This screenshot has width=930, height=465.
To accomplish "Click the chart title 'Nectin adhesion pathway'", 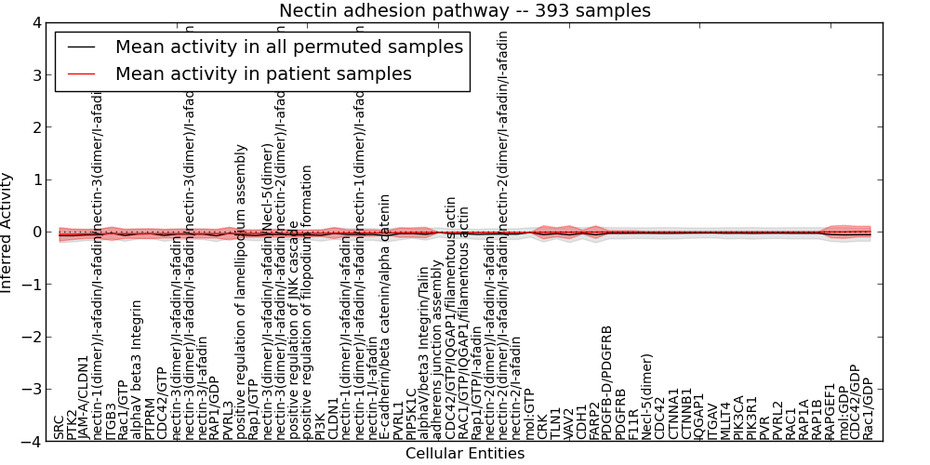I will pyautogui.click(x=465, y=10).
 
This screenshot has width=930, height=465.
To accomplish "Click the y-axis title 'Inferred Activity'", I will pyautogui.click(x=8, y=232).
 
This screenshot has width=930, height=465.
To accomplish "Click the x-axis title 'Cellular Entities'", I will pyautogui.click(x=465, y=454).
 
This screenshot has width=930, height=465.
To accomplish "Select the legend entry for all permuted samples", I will pyautogui.click(x=288, y=46).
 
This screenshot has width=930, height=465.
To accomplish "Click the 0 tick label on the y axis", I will pyautogui.click(x=34, y=232).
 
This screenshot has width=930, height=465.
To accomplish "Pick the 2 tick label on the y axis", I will pyautogui.click(x=34, y=127).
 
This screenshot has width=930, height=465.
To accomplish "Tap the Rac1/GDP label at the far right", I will pyautogui.click(x=868, y=408).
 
